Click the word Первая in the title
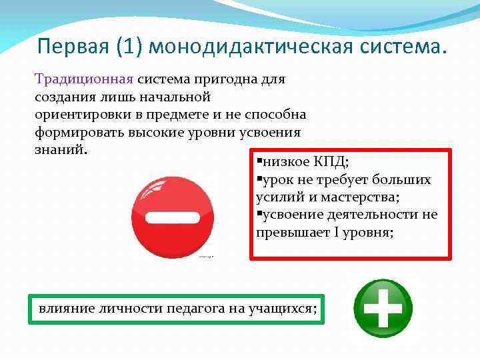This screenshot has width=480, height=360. pyautogui.click(x=74, y=47)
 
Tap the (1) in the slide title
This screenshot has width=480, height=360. pyautogui.click(x=132, y=47)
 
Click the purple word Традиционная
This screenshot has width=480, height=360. pyautogui.click(x=85, y=79)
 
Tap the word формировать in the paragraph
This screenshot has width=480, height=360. pyautogui.click(x=75, y=131)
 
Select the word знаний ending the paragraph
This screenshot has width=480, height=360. pyautogui.click(x=59, y=149)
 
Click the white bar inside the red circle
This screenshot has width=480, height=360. pyautogui.click(x=173, y=217)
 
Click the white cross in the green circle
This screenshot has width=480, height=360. pyautogui.click(x=383, y=307)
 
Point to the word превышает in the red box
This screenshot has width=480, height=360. pyautogui.click(x=293, y=232)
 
